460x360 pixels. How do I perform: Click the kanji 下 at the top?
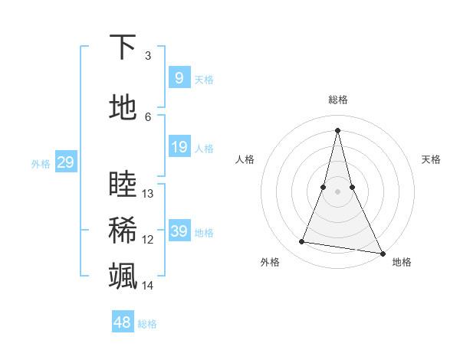tap(123, 47)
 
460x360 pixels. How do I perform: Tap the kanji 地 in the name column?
tap(123, 108)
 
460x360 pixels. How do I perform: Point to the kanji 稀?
tap(123, 231)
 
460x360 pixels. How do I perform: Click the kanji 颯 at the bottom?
tap(123, 276)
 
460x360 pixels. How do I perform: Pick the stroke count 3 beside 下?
tap(148, 56)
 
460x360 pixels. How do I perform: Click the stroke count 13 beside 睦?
tap(148, 194)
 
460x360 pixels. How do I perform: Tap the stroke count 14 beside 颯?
tap(148, 286)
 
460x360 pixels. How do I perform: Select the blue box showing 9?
tap(179, 77)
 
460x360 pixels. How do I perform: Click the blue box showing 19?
tap(179, 147)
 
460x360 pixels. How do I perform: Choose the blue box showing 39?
tap(179, 231)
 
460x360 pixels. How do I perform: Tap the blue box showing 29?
tap(65, 162)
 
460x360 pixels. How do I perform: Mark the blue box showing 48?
tap(123, 322)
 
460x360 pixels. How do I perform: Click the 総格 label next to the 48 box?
tap(147, 324)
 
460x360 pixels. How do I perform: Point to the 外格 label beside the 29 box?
tap(41, 164)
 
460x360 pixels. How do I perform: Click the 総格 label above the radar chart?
tap(338, 100)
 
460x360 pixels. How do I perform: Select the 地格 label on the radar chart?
tap(402, 263)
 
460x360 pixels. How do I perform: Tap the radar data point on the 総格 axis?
tap(337, 129)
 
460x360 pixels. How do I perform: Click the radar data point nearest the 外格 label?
tap(301, 242)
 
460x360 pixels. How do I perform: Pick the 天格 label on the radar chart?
tap(432, 159)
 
